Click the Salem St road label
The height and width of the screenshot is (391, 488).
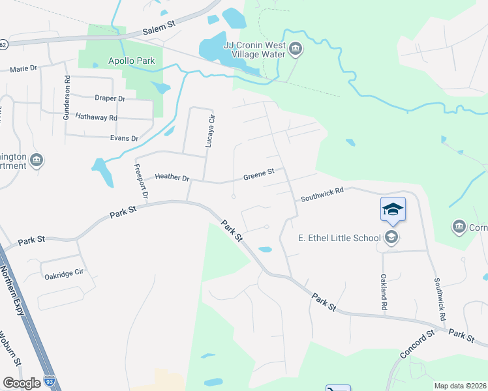(160, 27)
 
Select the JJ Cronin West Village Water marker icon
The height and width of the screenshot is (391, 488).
(296, 50)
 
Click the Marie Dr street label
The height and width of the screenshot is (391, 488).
(23, 68)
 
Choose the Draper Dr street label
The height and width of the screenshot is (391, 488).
(110, 98)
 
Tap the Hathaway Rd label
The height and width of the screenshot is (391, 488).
(96, 117)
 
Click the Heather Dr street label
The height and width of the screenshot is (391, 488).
(172, 177)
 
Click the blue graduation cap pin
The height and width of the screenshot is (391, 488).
(393, 209)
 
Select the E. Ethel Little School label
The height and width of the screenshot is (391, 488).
(339, 237)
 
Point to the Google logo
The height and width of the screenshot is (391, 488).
(22, 383)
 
